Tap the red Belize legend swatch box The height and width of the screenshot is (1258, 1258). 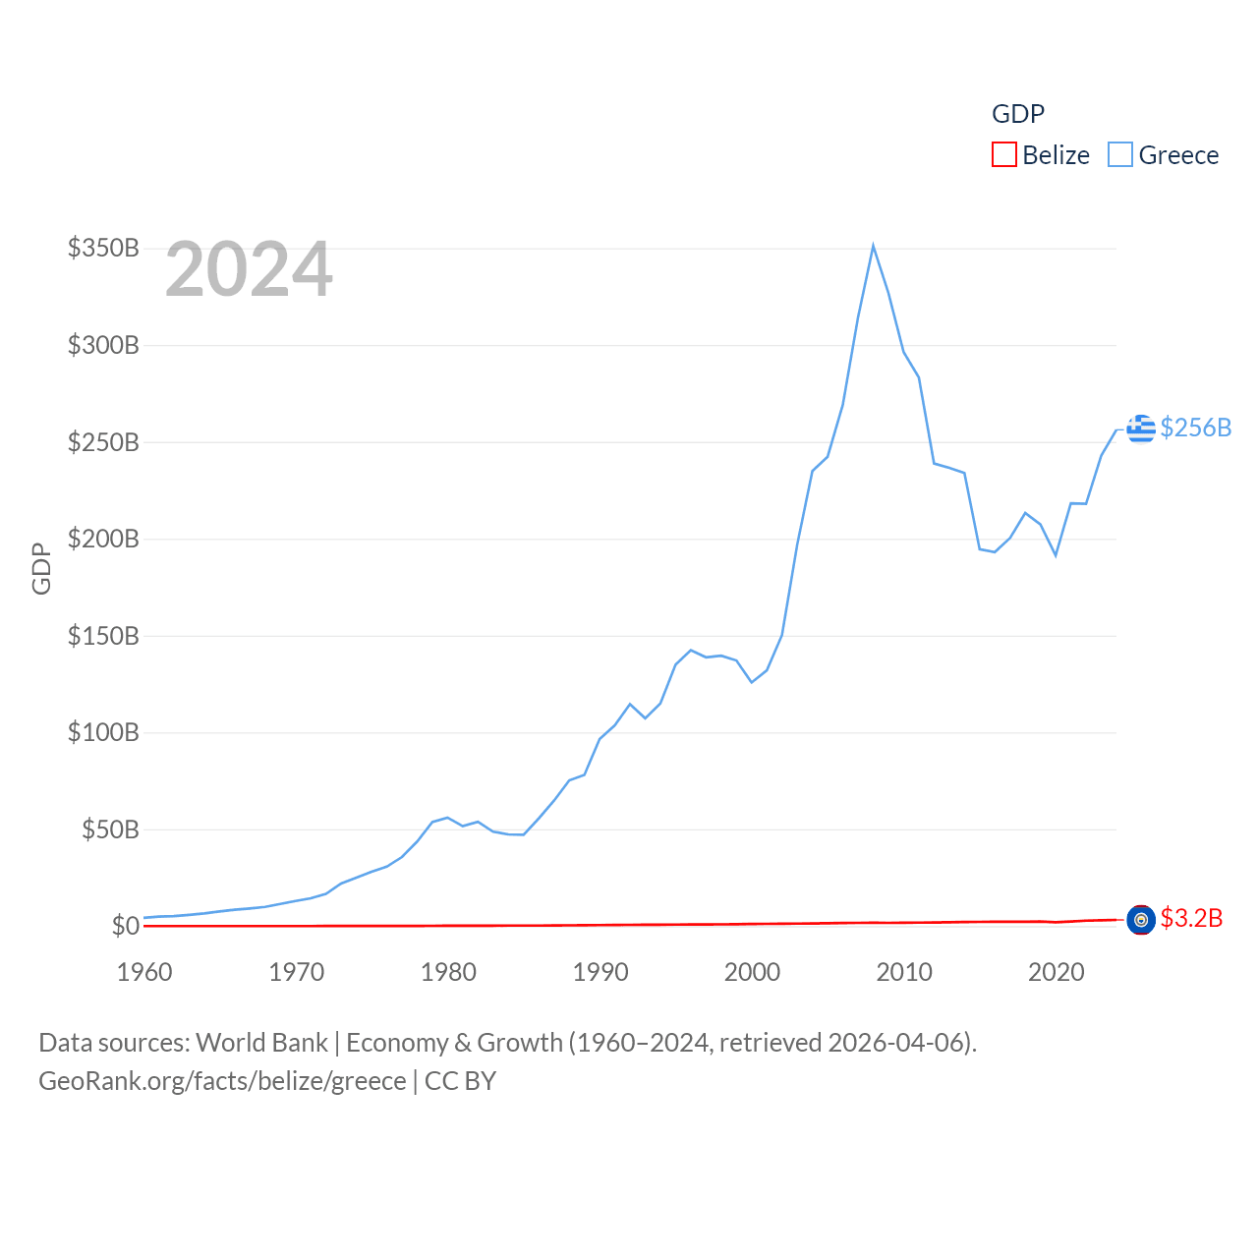(1003, 155)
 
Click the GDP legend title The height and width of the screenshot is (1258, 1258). (1017, 114)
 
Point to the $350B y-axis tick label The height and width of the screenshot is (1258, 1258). (103, 248)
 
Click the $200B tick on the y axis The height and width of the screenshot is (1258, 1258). (103, 539)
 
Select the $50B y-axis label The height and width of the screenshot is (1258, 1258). (110, 829)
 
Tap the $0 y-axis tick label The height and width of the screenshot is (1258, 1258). (125, 926)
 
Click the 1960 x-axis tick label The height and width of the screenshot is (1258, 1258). (144, 972)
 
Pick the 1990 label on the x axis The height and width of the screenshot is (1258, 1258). (600, 972)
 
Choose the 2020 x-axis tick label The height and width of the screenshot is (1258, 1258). (1056, 972)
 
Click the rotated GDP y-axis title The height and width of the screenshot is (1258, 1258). (41, 568)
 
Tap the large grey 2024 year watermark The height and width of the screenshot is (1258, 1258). (249, 269)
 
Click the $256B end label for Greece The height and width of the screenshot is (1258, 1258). (1195, 428)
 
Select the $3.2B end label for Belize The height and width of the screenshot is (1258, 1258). (1191, 918)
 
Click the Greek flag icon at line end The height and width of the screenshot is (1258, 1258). (1141, 429)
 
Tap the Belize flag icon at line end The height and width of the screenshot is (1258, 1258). (1141, 920)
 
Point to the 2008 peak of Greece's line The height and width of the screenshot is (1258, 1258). (873, 246)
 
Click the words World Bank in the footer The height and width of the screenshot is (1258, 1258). (261, 1043)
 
